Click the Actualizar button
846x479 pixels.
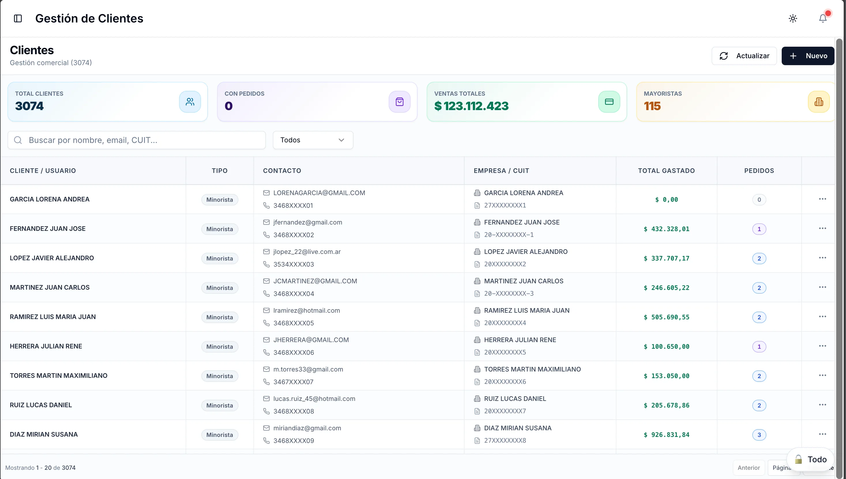point(744,56)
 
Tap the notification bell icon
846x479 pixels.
point(823,18)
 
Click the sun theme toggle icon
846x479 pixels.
point(793,18)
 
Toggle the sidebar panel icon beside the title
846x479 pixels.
point(18,18)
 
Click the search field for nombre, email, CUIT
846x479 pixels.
point(137,140)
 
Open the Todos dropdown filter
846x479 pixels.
point(313,140)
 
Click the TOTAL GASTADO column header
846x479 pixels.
point(666,171)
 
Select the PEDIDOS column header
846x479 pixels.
point(759,171)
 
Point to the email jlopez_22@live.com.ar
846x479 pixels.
point(307,252)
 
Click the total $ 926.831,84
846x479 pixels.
point(666,435)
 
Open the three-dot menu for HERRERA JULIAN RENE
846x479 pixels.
point(822,346)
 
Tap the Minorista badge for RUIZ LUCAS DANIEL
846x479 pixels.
point(219,405)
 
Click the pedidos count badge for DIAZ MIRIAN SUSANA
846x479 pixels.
point(759,435)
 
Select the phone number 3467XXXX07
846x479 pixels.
point(294,382)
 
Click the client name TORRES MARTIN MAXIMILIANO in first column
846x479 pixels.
point(59,376)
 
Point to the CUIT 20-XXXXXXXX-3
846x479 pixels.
point(509,293)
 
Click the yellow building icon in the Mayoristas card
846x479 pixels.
point(819,102)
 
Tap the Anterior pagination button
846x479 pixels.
point(749,467)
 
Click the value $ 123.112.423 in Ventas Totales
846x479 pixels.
point(471,106)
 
